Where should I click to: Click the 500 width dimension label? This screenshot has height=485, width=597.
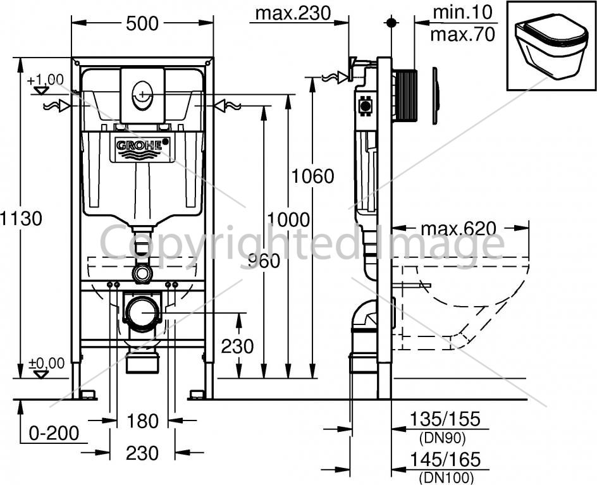[x=142, y=23]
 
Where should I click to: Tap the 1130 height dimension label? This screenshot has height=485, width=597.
[x=21, y=219]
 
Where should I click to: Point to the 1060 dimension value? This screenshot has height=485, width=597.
[x=312, y=176]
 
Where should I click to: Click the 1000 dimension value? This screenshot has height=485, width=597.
[x=288, y=219]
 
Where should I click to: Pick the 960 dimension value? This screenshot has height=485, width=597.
[x=264, y=261]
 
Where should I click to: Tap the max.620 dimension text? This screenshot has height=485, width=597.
[x=459, y=229]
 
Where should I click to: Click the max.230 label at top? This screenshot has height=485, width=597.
[x=293, y=13]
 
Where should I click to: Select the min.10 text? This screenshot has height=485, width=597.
[x=462, y=13]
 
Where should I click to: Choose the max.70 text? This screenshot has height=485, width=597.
[x=462, y=34]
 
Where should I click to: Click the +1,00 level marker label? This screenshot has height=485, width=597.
[x=46, y=80]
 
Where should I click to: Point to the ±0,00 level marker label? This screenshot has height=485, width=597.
[x=47, y=363]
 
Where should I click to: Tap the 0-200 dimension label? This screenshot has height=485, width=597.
[x=54, y=433]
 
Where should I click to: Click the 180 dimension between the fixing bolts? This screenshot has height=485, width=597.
[x=142, y=421]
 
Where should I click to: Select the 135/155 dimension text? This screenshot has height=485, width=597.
[x=445, y=419]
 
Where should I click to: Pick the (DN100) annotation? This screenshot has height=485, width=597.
[x=446, y=477]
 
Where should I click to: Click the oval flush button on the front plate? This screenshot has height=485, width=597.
[x=142, y=94]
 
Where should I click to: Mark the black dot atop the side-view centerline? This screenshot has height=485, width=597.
[x=391, y=23]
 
